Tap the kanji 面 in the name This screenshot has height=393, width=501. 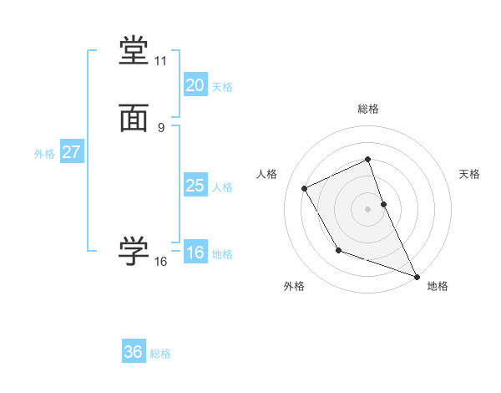pyautogui.click(x=134, y=119)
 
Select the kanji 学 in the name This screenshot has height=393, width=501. pyautogui.click(x=134, y=251)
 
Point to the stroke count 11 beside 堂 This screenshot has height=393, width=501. pyautogui.click(x=160, y=61)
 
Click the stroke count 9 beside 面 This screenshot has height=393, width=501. pyautogui.click(x=160, y=127)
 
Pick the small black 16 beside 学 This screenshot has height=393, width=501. pyautogui.click(x=160, y=262)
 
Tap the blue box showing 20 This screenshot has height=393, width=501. pyautogui.click(x=195, y=85)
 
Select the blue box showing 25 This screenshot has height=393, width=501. pyautogui.click(x=195, y=186)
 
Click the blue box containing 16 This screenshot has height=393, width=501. pyautogui.click(x=195, y=253)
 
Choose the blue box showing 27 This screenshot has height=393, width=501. pyautogui.click(x=71, y=153)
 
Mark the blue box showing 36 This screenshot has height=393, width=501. pyautogui.click(x=134, y=352)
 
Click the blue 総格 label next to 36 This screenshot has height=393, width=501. pyautogui.click(x=160, y=354)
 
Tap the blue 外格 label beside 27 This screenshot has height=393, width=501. pyautogui.click(x=44, y=154)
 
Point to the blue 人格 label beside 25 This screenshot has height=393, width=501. pyautogui.click(x=223, y=187)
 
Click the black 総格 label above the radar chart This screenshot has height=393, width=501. pyautogui.click(x=367, y=109)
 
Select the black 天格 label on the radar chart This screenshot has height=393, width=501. pyautogui.click(x=470, y=174)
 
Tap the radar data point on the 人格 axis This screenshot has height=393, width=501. pyautogui.click(x=305, y=188)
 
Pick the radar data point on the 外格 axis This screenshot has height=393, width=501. pyautogui.click(x=338, y=250)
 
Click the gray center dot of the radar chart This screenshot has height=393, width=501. pyautogui.click(x=367, y=209)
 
